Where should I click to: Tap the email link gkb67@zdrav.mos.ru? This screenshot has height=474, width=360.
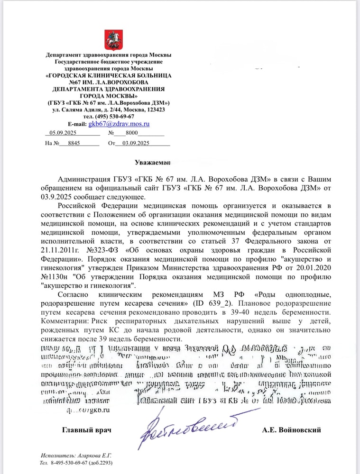click(119, 123)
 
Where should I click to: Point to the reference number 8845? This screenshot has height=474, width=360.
click(74, 143)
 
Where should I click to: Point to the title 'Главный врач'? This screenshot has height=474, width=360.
click(87, 430)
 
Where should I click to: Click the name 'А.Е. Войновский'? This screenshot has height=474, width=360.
click(291, 430)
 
